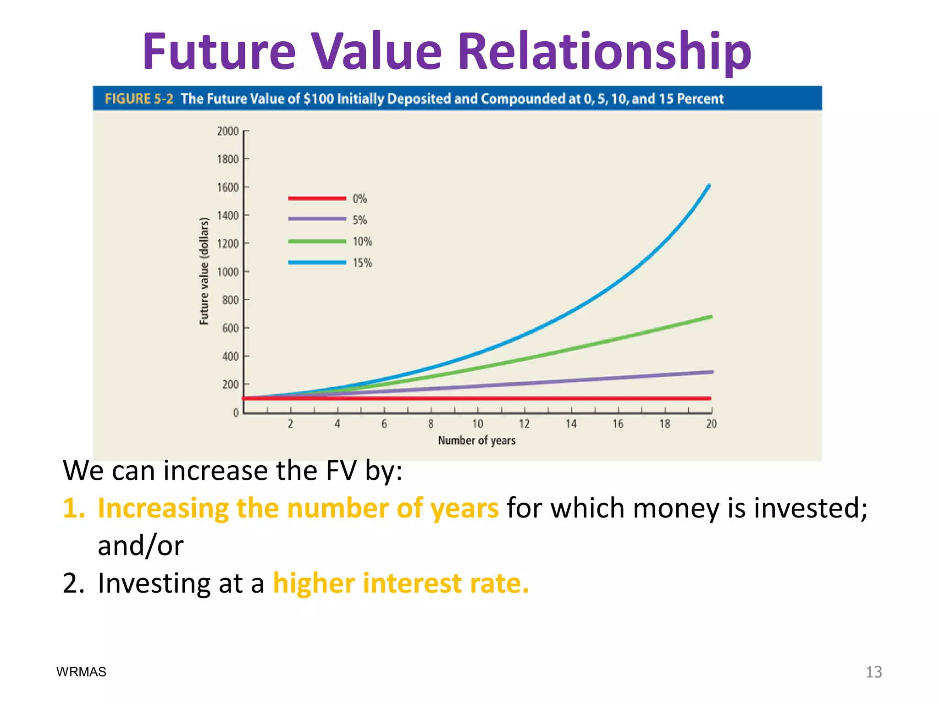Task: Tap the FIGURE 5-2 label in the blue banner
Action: click(x=139, y=99)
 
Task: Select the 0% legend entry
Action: click(x=359, y=198)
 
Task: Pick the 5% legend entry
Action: click(x=359, y=220)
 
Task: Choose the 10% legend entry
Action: click(x=362, y=242)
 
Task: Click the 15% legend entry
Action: click(x=362, y=263)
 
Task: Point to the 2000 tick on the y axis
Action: click(x=228, y=131)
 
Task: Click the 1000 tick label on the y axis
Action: click(x=228, y=272)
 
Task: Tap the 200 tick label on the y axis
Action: click(x=230, y=385)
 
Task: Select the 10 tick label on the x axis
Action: click(x=478, y=424)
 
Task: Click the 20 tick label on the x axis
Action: click(x=711, y=424)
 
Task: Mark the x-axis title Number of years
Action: click(x=476, y=440)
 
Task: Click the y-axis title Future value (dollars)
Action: click(x=204, y=271)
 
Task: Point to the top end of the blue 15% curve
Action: click(x=709, y=186)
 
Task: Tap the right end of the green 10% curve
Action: click(x=711, y=317)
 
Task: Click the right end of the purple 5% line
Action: click(x=712, y=372)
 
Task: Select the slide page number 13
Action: click(x=873, y=672)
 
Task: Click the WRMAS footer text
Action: click(x=81, y=672)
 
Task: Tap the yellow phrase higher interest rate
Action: click(x=401, y=583)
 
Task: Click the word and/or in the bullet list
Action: click(x=140, y=546)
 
